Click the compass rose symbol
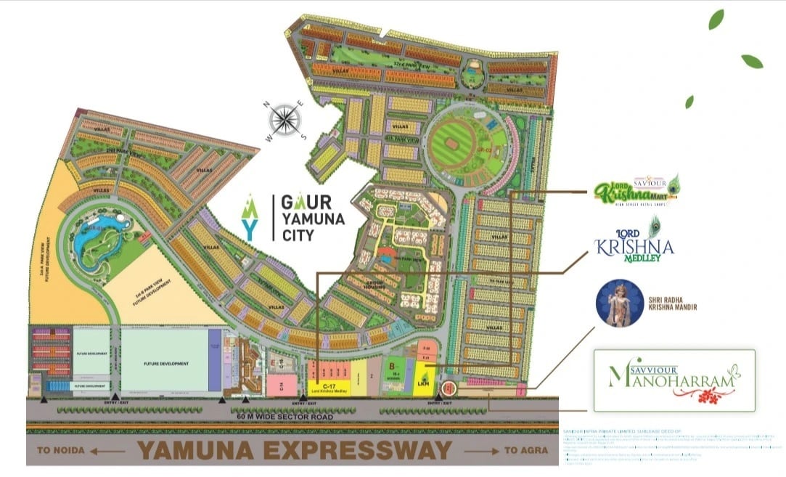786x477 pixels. point(285,119)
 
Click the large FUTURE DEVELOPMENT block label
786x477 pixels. point(165,363)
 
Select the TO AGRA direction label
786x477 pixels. point(520,451)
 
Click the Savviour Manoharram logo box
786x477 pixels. point(674,380)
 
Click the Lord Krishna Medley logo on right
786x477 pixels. point(634,240)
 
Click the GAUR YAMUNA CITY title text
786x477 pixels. point(308,216)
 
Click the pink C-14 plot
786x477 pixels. point(285,384)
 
